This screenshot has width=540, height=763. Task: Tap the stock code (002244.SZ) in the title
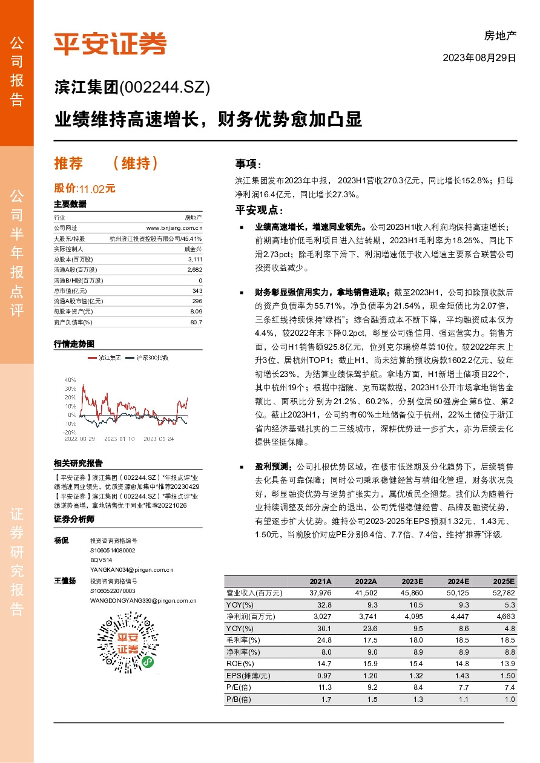click(165, 88)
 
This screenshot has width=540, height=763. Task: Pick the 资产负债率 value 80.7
click(196, 322)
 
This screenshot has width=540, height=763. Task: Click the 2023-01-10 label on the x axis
click(118, 439)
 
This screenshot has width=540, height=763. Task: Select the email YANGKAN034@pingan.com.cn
click(132, 569)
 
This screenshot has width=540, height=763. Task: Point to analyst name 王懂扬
click(65, 581)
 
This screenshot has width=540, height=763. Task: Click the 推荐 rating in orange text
click(68, 163)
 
